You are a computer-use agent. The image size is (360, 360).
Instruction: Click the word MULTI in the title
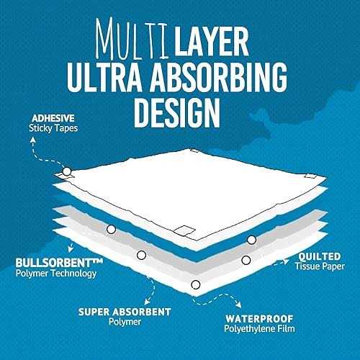click(x=132, y=39)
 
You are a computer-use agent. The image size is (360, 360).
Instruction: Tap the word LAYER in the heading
click(x=211, y=41)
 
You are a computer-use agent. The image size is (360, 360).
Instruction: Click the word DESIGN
click(x=177, y=112)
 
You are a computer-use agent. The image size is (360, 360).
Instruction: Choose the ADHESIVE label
click(x=53, y=118)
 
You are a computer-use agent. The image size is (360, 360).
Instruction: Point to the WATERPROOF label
click(x=259, y=319)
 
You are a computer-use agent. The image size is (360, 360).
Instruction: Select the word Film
click(x=286, y=328)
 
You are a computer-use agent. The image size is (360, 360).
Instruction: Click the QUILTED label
click(x=320, y=256)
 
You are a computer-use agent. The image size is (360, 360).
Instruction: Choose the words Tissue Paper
click(x=320, y=266)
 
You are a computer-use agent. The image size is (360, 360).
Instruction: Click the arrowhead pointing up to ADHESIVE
click(x=33, y=140)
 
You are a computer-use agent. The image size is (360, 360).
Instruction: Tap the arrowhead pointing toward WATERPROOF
click(x=239, y=305)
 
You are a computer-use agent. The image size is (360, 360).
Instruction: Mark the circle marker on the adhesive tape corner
click(x=67, y=171)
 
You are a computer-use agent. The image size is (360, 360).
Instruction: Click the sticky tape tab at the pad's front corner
click(x=184, y=230)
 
